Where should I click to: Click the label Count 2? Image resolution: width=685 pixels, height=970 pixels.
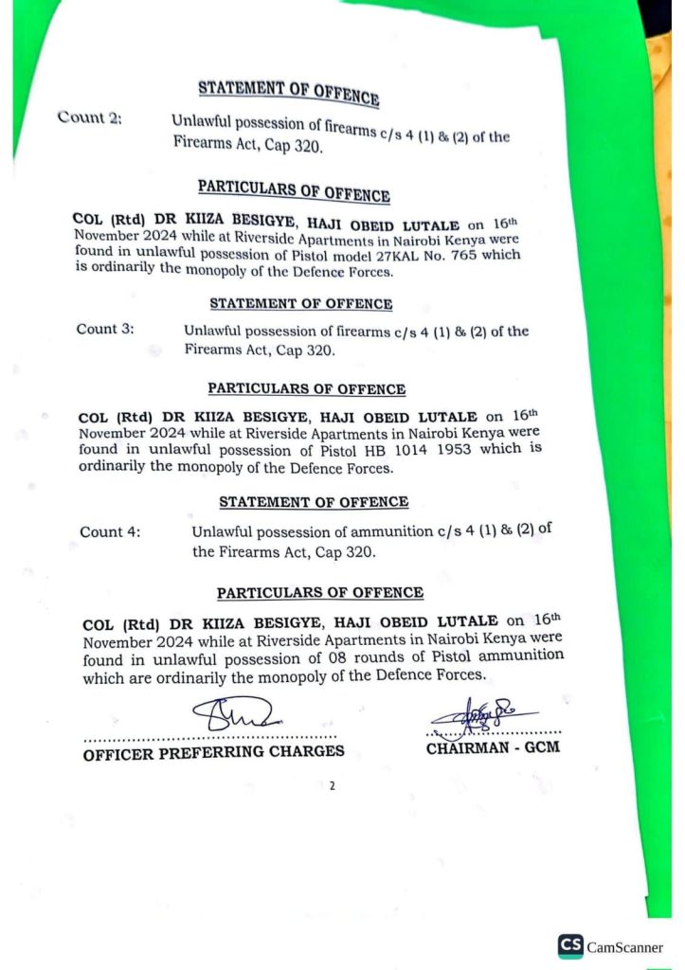[89, 117]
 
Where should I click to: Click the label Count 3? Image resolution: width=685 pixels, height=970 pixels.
[105, 329]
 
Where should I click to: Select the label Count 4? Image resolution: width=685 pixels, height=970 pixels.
[110, 531]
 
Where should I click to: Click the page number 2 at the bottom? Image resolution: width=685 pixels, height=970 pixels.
[333, 785]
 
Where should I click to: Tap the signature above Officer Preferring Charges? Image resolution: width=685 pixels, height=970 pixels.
[233, 713]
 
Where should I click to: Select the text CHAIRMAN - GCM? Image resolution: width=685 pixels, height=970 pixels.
[493, 748]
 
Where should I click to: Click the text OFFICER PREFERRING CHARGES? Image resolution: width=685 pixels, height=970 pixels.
[213, 753]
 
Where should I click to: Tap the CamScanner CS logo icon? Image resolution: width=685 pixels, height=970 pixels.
[570, 945]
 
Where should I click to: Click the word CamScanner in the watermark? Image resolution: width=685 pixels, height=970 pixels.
[625, 946]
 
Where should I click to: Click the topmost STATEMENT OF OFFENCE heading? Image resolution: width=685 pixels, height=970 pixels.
[289, 92]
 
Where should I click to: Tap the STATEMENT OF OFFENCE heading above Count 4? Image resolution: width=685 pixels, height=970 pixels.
[314, 502]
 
